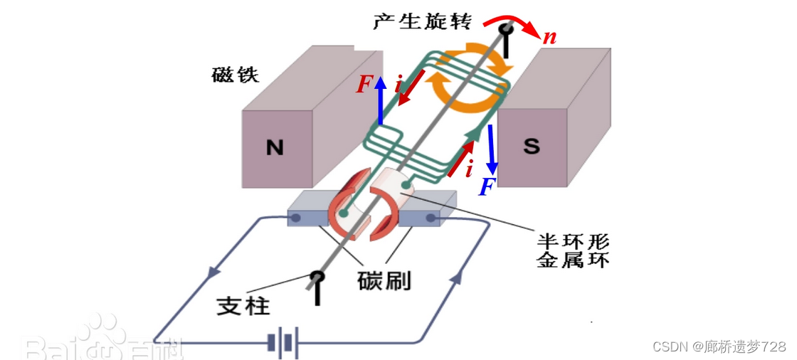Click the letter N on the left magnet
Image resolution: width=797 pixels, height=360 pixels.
(x=275, y=148)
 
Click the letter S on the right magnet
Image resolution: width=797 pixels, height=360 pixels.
(x=532, y=147)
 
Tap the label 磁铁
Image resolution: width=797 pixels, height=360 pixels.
(x=236, y=75)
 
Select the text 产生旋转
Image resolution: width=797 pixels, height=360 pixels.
(x=422, y=21)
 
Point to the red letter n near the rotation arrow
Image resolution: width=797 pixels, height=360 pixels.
(x=549, y=36)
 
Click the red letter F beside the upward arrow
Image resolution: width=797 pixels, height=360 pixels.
(x=364, y=85)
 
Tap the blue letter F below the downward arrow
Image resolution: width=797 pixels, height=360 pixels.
(x=487, y=187)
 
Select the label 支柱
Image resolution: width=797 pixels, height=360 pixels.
(x=243, y=306)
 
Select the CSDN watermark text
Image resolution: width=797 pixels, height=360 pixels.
(x=719, y=346)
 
